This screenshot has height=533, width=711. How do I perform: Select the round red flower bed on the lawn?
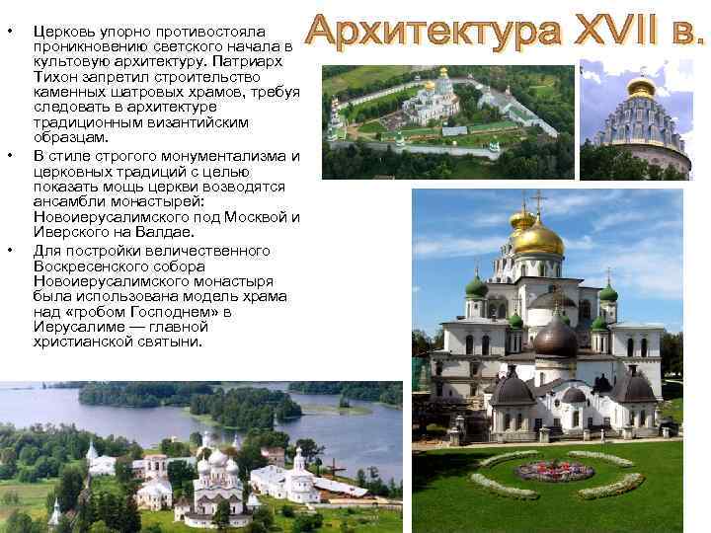coord(554,471)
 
